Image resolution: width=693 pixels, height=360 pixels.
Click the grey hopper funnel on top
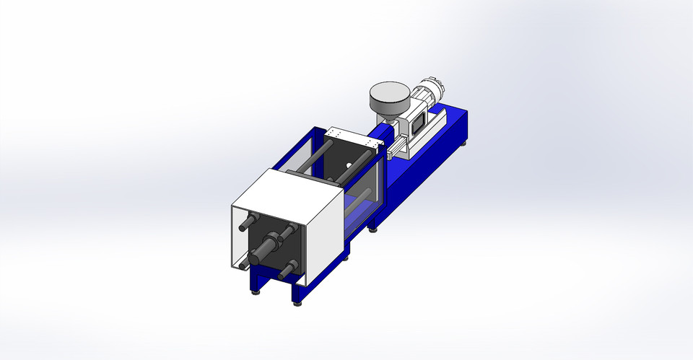389,97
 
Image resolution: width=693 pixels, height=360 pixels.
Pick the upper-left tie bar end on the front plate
250,221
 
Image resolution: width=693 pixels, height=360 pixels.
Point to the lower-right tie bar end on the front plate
287,270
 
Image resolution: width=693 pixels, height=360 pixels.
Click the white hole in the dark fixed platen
348,166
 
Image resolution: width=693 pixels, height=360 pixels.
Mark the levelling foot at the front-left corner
253,292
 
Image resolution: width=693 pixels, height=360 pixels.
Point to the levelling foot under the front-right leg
297,304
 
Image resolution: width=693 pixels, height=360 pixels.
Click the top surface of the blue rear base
448,119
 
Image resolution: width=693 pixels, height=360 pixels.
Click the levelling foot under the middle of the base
372,229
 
